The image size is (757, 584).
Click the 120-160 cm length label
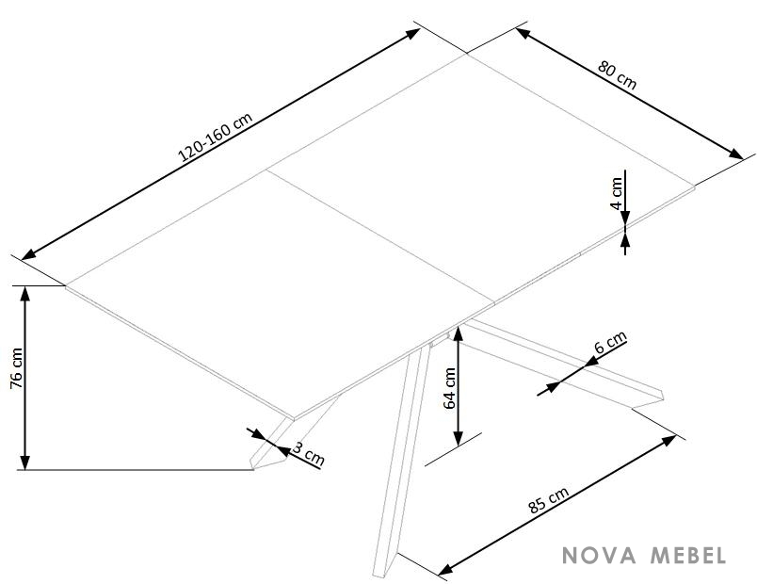[216, 138]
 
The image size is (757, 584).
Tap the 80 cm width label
[617, 74]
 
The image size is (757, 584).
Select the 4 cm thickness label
[616, 193]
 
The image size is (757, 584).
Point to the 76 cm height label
[16, 367]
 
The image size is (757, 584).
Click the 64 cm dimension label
[449, 388]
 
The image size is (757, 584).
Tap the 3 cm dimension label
[309, 454]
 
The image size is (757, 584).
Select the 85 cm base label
[548, 500]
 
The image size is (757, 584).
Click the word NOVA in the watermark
[600, 556]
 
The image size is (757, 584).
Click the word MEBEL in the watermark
[688, 556]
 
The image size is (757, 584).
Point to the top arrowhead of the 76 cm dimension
[25, 293]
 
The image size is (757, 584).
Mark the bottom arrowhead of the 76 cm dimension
[25, 462]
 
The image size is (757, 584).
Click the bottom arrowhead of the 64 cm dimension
[459, 438]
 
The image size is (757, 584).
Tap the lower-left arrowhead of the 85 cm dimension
[445, 569]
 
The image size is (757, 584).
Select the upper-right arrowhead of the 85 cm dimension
[669, 440]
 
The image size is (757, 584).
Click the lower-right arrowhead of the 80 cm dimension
[735, 154]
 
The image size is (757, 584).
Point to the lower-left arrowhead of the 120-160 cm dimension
[29, 254]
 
